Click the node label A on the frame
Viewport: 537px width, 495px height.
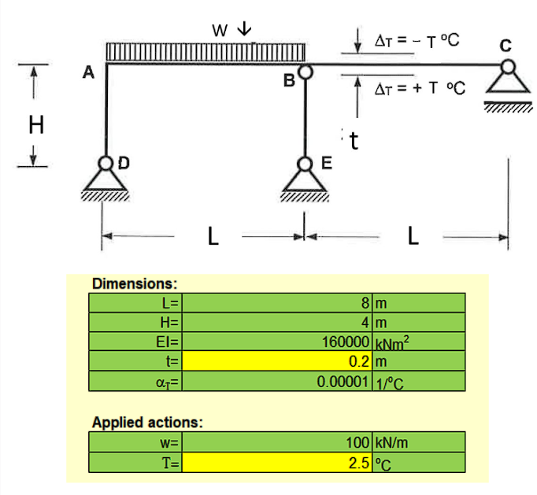click(x=89, y=73)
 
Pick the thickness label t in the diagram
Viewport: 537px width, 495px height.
click(x=354, y=142)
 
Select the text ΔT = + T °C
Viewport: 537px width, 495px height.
click(x=418, y=88)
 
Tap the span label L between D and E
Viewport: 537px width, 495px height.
click(x=213, y=236)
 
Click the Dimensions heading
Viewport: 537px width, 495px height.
click(x=135, y=283)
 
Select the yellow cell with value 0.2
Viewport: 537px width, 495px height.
click(x=279, y=362)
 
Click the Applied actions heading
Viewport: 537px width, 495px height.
click(x=147, y=422)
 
